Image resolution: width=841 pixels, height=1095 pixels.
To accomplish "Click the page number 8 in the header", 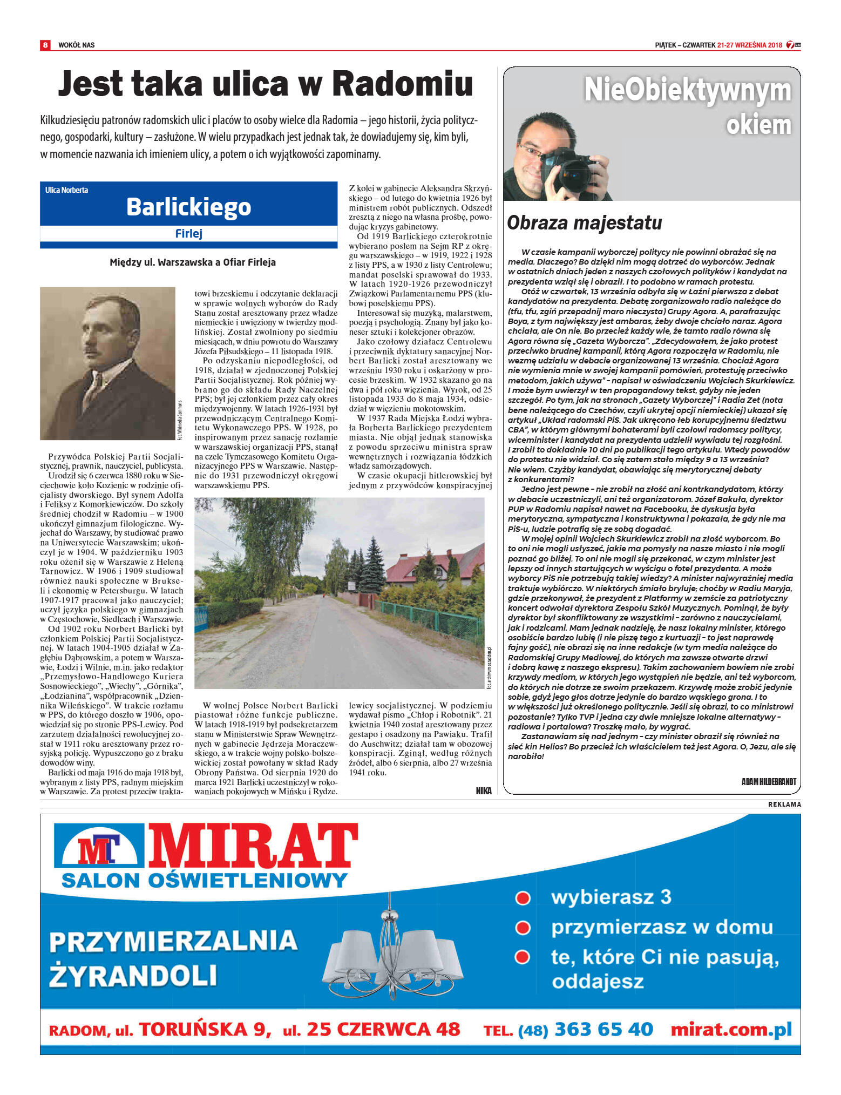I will [45, 45].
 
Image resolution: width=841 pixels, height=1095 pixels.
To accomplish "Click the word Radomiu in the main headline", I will [402, 84].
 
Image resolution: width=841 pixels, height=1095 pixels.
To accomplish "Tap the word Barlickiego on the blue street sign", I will [188, 207].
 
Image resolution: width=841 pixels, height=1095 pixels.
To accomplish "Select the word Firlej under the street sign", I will [188, 234].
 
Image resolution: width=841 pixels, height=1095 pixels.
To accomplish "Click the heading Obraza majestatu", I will [584, 222].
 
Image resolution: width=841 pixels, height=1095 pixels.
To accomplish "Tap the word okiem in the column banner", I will [758, 125].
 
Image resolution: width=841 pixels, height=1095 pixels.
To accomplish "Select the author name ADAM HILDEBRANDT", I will [769, 781].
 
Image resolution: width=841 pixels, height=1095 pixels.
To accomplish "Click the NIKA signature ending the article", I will [484, 791].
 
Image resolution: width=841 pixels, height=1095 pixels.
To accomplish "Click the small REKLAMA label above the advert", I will [784, 805].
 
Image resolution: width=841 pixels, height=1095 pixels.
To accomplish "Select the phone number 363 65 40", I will [603, 1029].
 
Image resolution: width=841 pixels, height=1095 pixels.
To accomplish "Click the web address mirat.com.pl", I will [731, 1029].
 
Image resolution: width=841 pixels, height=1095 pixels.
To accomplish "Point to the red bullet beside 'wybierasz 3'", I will [523, 898].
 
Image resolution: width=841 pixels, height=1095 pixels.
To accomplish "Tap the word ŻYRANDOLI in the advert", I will [133, 976].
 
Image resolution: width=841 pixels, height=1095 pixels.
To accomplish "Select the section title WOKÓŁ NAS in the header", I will [76, 45].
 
